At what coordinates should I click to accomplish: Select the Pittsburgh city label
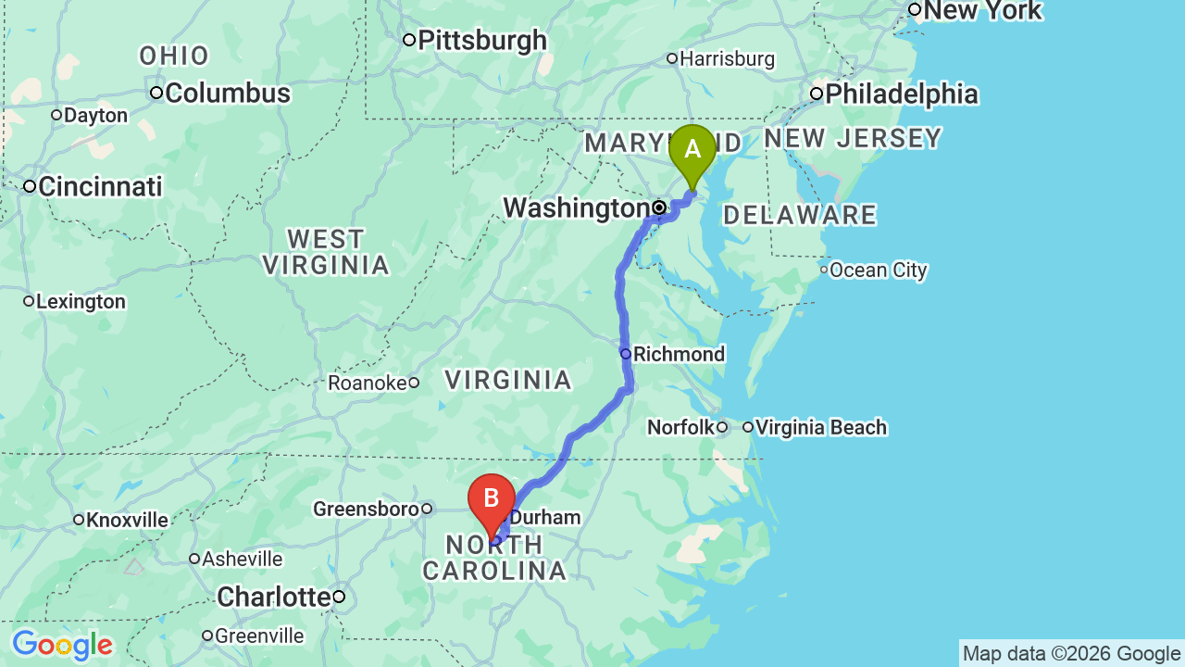tap(481, 41)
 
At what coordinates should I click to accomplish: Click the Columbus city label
tap(227, 94)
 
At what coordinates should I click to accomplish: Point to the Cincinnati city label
tap(100, 186)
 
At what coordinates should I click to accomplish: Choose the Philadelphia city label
tap(901, 94)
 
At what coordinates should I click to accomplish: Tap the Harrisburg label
tap(727, 59)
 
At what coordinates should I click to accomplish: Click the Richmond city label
tap(678, 355)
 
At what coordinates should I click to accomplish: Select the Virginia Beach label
tap(820, 428)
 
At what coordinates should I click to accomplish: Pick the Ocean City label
tap(878, 271)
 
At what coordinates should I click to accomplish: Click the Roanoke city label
tap(368, 383)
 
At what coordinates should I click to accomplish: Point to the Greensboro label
tap(366, 510)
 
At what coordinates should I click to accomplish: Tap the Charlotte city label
tap(274, 598)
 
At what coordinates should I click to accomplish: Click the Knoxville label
tap(127, 521)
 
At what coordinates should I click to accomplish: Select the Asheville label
tap(242, 560)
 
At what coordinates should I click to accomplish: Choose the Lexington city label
tap(81, 302)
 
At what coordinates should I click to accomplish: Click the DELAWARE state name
tap(799, 216)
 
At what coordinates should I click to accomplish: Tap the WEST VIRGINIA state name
tap(326, 252)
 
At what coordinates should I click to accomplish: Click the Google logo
tap(62, 645)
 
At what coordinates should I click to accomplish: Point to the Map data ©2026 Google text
tap(1071, 654)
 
